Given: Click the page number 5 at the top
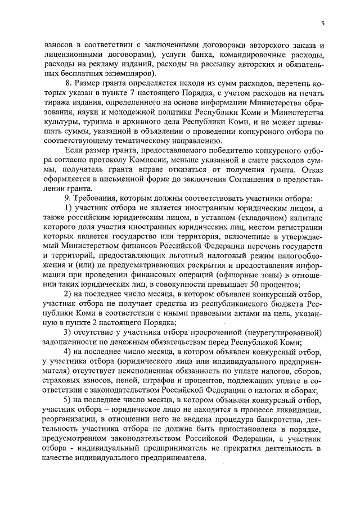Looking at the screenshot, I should click(322, 23).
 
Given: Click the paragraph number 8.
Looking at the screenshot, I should click(68, 83).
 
